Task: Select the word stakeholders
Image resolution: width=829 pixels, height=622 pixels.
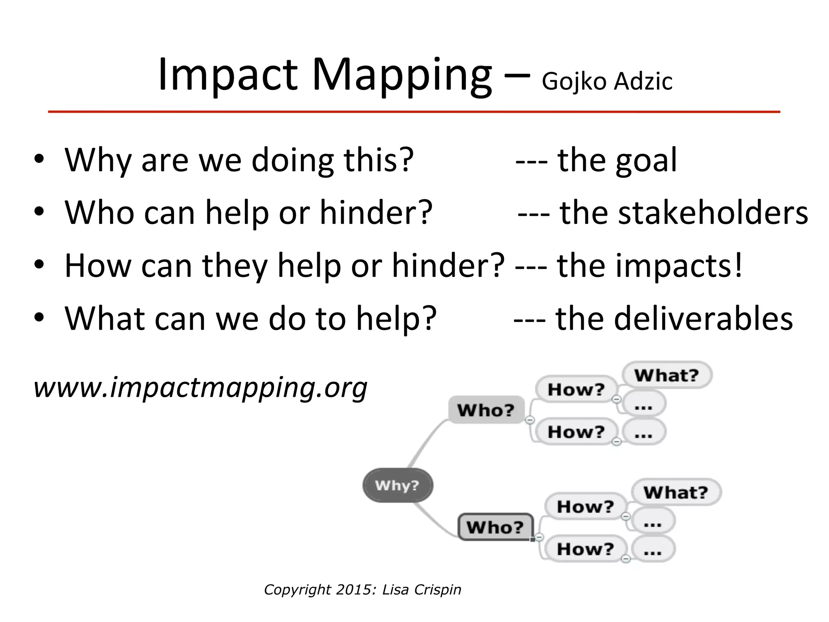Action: tap(684, 213)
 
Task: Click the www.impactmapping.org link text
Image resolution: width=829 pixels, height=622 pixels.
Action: tap(200, 388)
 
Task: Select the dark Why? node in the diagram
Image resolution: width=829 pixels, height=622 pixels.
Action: tap(397, 485)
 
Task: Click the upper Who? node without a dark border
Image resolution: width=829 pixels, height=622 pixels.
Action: tap(486, 410)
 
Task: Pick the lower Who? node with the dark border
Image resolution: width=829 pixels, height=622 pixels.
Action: tap(495, 527)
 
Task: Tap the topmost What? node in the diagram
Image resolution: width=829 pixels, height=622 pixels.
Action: tap(666, 375)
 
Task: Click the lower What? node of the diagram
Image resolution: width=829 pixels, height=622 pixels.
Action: tap(676, 492)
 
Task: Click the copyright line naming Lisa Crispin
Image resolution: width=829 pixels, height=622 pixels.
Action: tap(362, 590)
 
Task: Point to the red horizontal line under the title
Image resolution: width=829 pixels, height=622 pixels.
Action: tap(414, 112)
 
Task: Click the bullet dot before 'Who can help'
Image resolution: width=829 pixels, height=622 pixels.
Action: tap(39, 212)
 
